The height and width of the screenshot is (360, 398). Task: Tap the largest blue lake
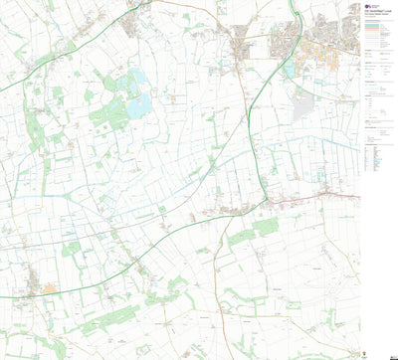click(x=138, y=103)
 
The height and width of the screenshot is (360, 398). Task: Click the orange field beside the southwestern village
click(x=49, y=289)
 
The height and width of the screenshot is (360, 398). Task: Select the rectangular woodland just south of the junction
click(x=266, y=227)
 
